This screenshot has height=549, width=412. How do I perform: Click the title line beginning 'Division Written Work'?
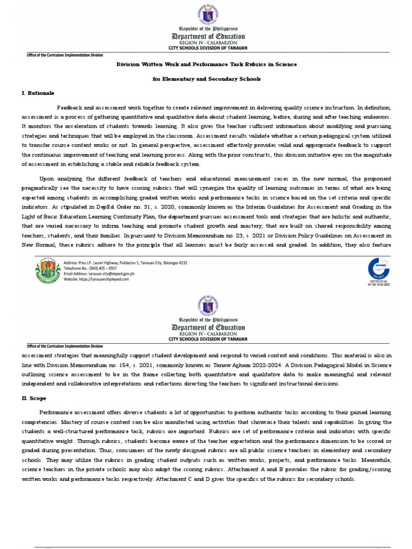[x=207, y=64]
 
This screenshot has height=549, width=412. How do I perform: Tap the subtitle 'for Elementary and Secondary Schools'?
[x=207, y=79]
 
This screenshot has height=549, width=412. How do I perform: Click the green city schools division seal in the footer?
[x=48, y=270]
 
